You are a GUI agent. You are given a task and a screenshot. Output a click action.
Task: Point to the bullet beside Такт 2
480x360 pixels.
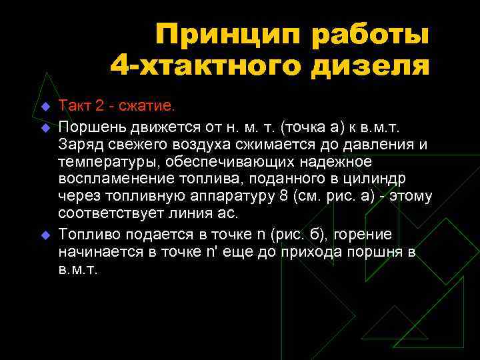(45, 106)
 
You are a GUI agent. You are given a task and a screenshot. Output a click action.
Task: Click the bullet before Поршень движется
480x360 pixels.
(45, 125)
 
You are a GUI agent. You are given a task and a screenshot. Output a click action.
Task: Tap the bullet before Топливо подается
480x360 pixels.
(45, 235)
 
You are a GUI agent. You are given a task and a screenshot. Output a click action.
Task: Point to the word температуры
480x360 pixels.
(101, 161)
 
